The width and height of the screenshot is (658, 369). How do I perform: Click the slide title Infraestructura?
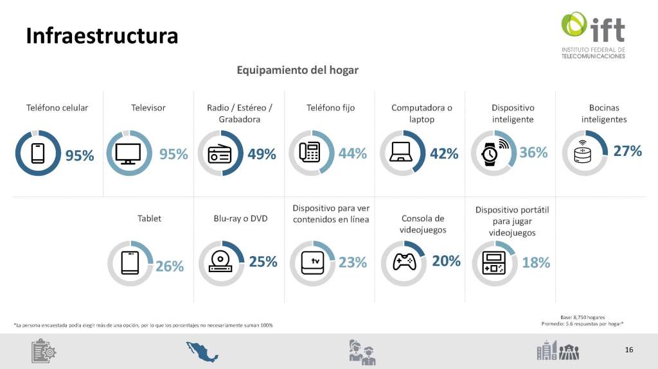(x=102, y=36)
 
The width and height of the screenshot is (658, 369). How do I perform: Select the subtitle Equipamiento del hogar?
(x=298, y=70)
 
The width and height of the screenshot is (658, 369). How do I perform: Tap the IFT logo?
(x=592, y=35)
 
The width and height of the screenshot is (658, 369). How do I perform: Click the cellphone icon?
(x=38, y=153)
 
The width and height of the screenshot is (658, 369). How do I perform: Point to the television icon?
(x=129, y=153)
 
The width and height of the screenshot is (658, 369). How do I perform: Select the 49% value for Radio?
(x=262, y=154)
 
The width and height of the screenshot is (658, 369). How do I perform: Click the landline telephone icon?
(x=310, y=153)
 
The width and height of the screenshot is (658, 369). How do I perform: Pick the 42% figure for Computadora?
(x=444, y=154)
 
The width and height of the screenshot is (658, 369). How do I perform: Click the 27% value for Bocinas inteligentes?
(x=627, y=151)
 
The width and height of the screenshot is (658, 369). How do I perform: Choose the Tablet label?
(x=149, y=218)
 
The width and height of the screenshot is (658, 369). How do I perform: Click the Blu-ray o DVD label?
(x=240, y=218)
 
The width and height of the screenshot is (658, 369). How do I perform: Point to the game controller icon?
(x=404, y=262)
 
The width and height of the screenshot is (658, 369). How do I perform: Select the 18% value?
(x=536, y=262)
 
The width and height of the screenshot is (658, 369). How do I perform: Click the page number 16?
(x=628, y=350)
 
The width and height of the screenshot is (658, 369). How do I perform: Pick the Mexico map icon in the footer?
(x=202, y=351)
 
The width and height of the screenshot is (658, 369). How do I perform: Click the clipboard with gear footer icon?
(x=44, y=351)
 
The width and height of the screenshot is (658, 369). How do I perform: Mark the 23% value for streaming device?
(x=353, y=262)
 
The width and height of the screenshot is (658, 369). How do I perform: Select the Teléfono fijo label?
(x=330, y=108)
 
